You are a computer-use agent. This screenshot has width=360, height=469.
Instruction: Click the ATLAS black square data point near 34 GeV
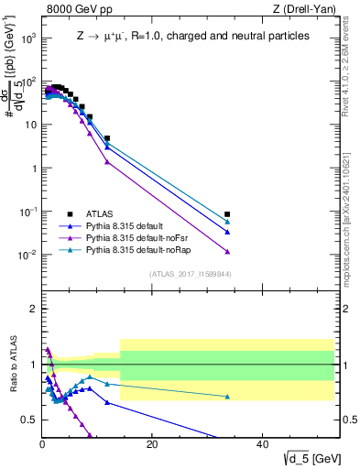coord(227,214)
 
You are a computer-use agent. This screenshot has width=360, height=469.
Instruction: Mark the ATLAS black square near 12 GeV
coord(107,138)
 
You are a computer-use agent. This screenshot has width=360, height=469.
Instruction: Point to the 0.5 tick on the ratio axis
coord(30,420)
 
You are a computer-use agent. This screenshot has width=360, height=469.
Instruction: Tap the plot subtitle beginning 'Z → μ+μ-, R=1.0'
coord(191,36)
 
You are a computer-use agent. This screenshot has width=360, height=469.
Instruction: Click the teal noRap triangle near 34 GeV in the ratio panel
coord(227,397)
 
